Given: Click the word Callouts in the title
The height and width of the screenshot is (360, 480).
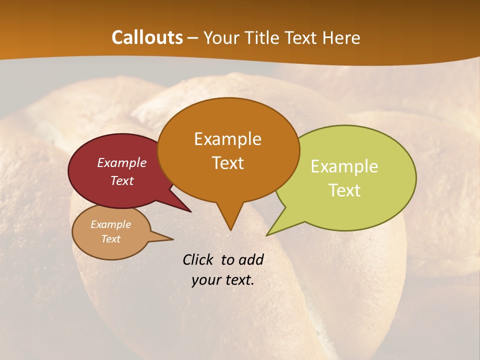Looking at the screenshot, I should tap(147, 37).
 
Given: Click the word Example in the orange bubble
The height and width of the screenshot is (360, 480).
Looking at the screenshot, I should tap(227, 138).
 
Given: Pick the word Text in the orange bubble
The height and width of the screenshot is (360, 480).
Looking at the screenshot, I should tap(227, 163).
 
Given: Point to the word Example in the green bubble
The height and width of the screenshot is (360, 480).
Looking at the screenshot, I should tap(344, 166).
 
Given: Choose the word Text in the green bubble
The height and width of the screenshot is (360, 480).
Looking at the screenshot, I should tap(344, 190).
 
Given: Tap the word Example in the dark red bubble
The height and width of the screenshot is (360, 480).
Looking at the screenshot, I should tap(121, 162).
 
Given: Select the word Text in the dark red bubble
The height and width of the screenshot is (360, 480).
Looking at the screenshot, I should tap(121, 180).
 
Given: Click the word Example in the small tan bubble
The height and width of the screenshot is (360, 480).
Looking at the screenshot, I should tap(110, 224).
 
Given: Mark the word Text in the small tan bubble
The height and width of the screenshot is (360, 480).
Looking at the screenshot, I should tap(110, 239).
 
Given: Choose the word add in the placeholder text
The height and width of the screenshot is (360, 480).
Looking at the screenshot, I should tap(250, 259).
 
